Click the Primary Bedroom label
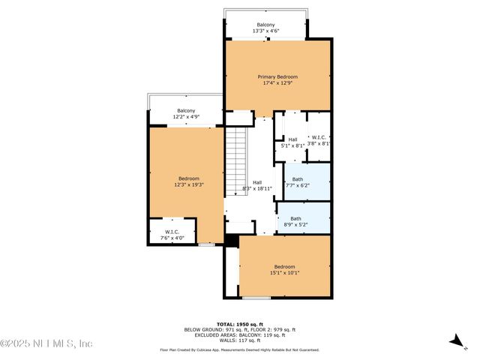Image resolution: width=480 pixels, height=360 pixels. click(277, 76)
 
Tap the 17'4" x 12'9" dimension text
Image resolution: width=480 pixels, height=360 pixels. click(277, 83)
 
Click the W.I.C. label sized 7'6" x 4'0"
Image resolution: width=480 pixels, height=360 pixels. click(172, 232)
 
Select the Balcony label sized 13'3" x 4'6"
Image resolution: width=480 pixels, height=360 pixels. click(266, 25)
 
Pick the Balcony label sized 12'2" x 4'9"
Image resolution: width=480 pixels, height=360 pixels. click(165, 111)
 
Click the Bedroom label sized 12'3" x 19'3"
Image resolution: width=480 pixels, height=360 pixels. click(189, 178)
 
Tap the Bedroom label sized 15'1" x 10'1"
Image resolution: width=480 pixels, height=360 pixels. click(284, 267)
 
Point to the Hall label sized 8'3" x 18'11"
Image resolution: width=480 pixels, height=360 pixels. click(257, 182)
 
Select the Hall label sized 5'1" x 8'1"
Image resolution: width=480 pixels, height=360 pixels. click(292, 139)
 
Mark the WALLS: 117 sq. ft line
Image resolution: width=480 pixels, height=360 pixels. click(240, 340)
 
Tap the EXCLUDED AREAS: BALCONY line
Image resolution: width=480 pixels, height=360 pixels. click(240, 334)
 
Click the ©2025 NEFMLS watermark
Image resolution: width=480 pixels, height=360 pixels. click(46, 343)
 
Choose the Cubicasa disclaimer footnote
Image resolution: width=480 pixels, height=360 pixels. click(240, 349)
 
